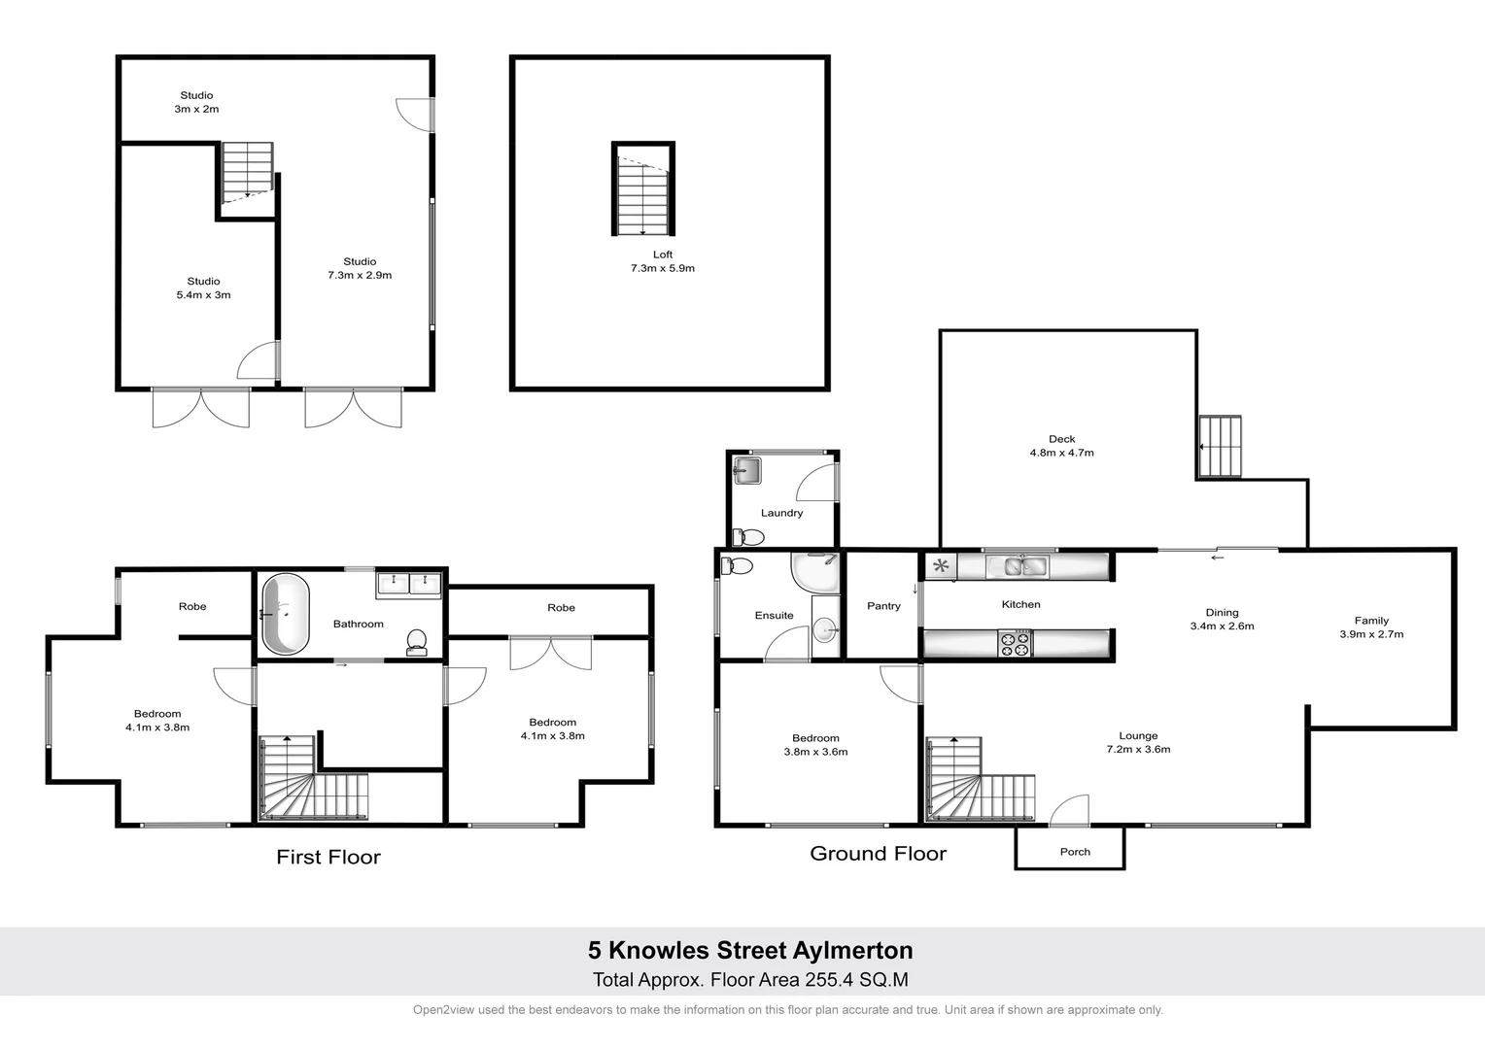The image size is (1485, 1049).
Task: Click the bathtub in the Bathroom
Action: click(286, 614)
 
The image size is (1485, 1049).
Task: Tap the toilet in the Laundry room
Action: click(748, 536)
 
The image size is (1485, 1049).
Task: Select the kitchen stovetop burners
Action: click(1015, 643)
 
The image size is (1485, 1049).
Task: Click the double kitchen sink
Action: click(1017, 565)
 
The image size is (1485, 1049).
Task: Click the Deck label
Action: click(1061, 439)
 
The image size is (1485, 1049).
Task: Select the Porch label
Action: click(1075, 852)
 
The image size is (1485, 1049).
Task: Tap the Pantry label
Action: click(883, 606)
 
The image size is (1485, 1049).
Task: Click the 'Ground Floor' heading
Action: click(878, 854)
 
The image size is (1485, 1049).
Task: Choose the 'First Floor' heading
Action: click(328, 857)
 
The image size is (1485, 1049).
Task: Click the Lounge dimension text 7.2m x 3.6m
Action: click(1138, 750)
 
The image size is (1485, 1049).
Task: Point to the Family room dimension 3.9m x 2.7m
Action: click(1371, 634)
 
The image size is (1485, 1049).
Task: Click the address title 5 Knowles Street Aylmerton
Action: click(749, 950)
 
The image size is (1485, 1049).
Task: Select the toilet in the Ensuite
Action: click(739, 566)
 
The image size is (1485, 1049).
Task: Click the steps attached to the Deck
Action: click(1221, 447)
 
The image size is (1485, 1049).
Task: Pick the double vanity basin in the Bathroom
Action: click(409, 585)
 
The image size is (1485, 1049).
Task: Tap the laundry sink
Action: click(747, 471)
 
